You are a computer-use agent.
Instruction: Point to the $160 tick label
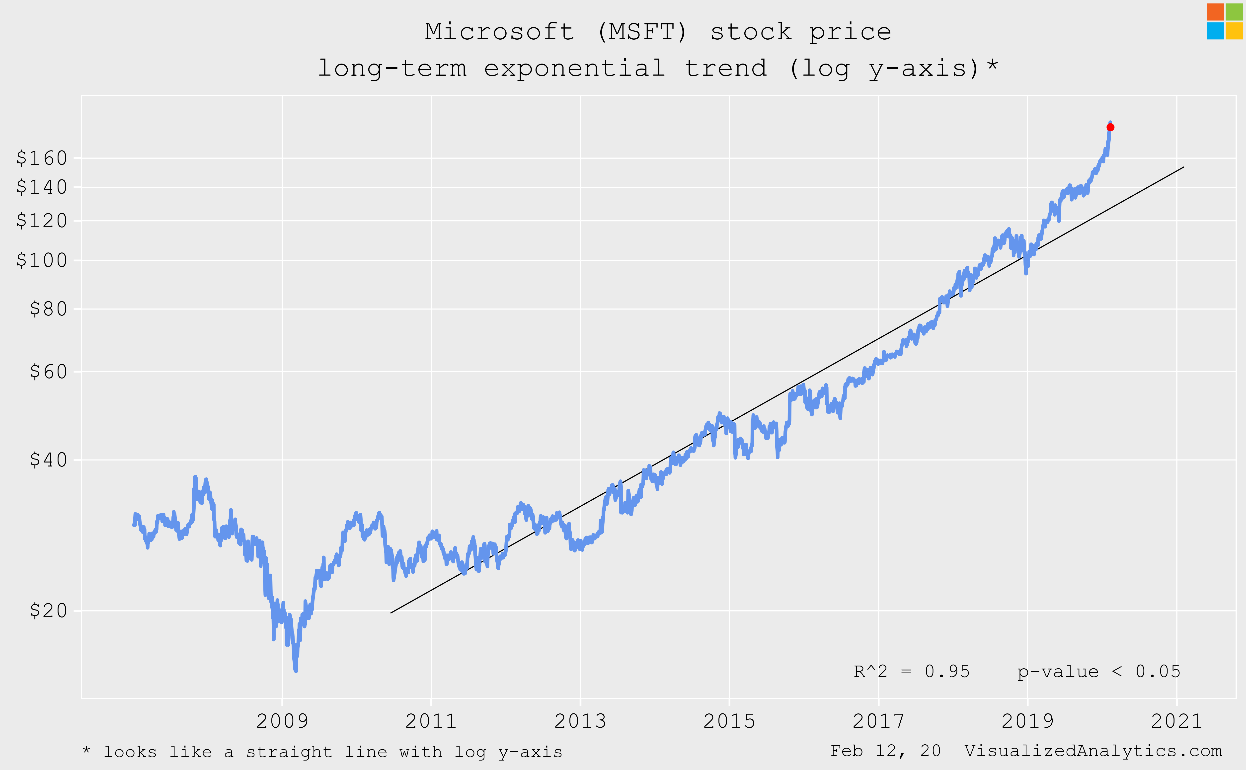(x=42, y=158)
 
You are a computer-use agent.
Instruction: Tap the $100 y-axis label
(x=42, y=260)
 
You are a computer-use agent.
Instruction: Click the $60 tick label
(x=48, y=372)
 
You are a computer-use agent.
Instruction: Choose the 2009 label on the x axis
(x=282, y=721)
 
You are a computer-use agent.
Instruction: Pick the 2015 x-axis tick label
(x=729, y=721)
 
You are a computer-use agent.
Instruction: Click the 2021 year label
(x=1176, y=721)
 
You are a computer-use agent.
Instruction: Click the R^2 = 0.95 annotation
(x=912, y=672)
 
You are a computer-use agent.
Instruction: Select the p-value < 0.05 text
(x=1098, y=672)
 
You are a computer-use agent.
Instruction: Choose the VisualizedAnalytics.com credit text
(x=1093, y=751)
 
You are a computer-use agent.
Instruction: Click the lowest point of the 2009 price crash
(x=295, y=670)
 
